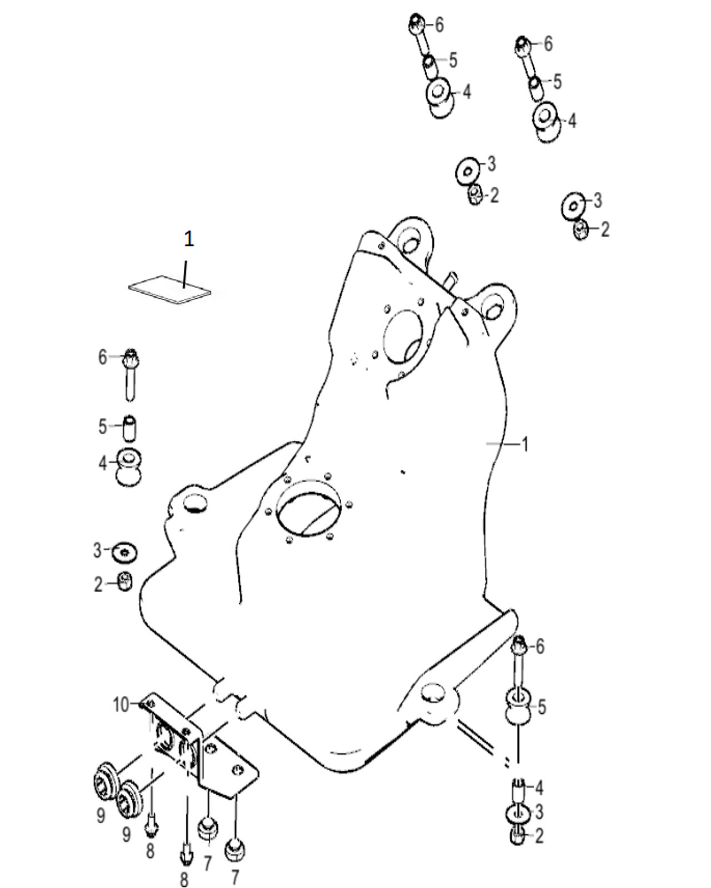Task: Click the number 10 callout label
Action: pyautogui.click(x=121, y=705)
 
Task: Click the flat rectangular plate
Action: pyautogui.click(x=169, y=289)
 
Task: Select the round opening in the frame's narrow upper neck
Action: pyautogui.click(x=403, y=333)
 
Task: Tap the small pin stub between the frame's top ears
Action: pyautogui.click(x=450, y=277)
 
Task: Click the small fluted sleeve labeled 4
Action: pyautogui.click(x=517, y=788)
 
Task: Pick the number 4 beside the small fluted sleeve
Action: pyautogui.click(x=538, y=788)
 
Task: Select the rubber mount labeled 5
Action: pyautogui.click(x=519, y=706)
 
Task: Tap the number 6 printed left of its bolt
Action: pyautogui.click(x=102, y=357)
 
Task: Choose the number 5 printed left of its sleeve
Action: pyautogui.click(x=102, y=427)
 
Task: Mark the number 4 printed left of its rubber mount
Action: pyautogui.click(x=102, y=462)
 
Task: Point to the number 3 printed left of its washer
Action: pyautogui.click(x=98, y=551)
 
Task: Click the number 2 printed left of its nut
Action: pyautogui.click(x=98, y=584)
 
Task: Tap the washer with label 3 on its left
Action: pyautogui.click(x=125, y=552)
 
